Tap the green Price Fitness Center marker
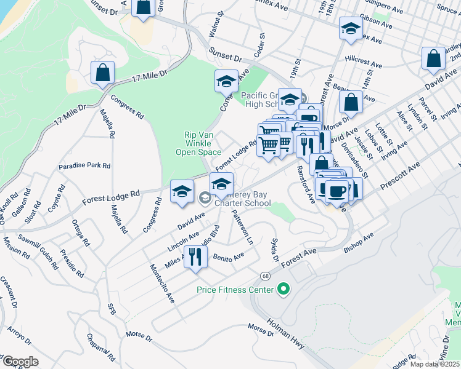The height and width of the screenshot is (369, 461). coord(284,288)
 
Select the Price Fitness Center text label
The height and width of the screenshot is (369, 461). coord(235,289)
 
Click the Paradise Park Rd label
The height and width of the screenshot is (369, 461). coord(84,166)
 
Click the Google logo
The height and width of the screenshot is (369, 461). coord(20,361)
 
